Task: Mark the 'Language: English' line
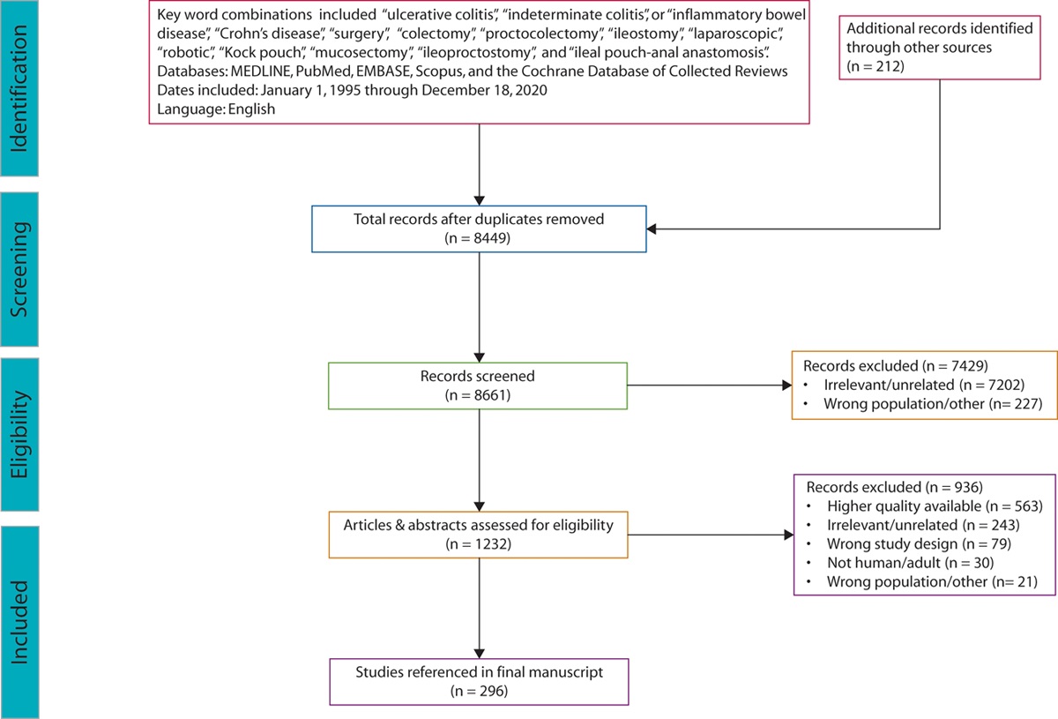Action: click(x=216, y=109)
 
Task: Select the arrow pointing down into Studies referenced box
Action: click(x=478, y=618)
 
